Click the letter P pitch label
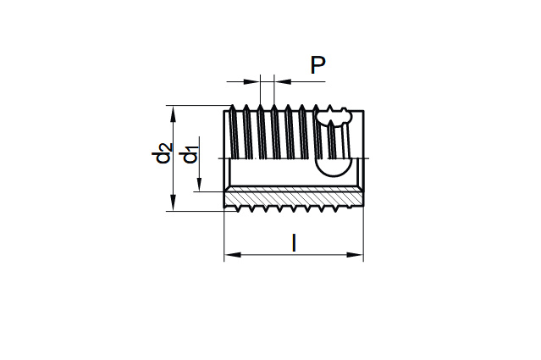pos(318,65)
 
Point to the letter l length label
pos(294,243)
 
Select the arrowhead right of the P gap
pos(282,82)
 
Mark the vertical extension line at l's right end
pos(363,237)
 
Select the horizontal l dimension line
pos(294,253)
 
